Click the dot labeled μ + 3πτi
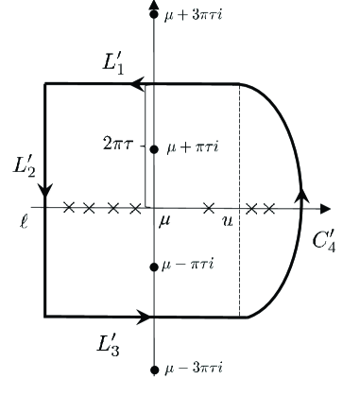pyautogui.click(x=153, y=16)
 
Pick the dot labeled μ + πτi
pyautogui.click(x=153, y=148)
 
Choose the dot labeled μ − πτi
pyautogui.click(x=153, y=267)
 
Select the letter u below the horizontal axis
pyautogui.click(x=227, y=220)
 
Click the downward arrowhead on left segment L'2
pyautogui.click(x=45, y=188)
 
